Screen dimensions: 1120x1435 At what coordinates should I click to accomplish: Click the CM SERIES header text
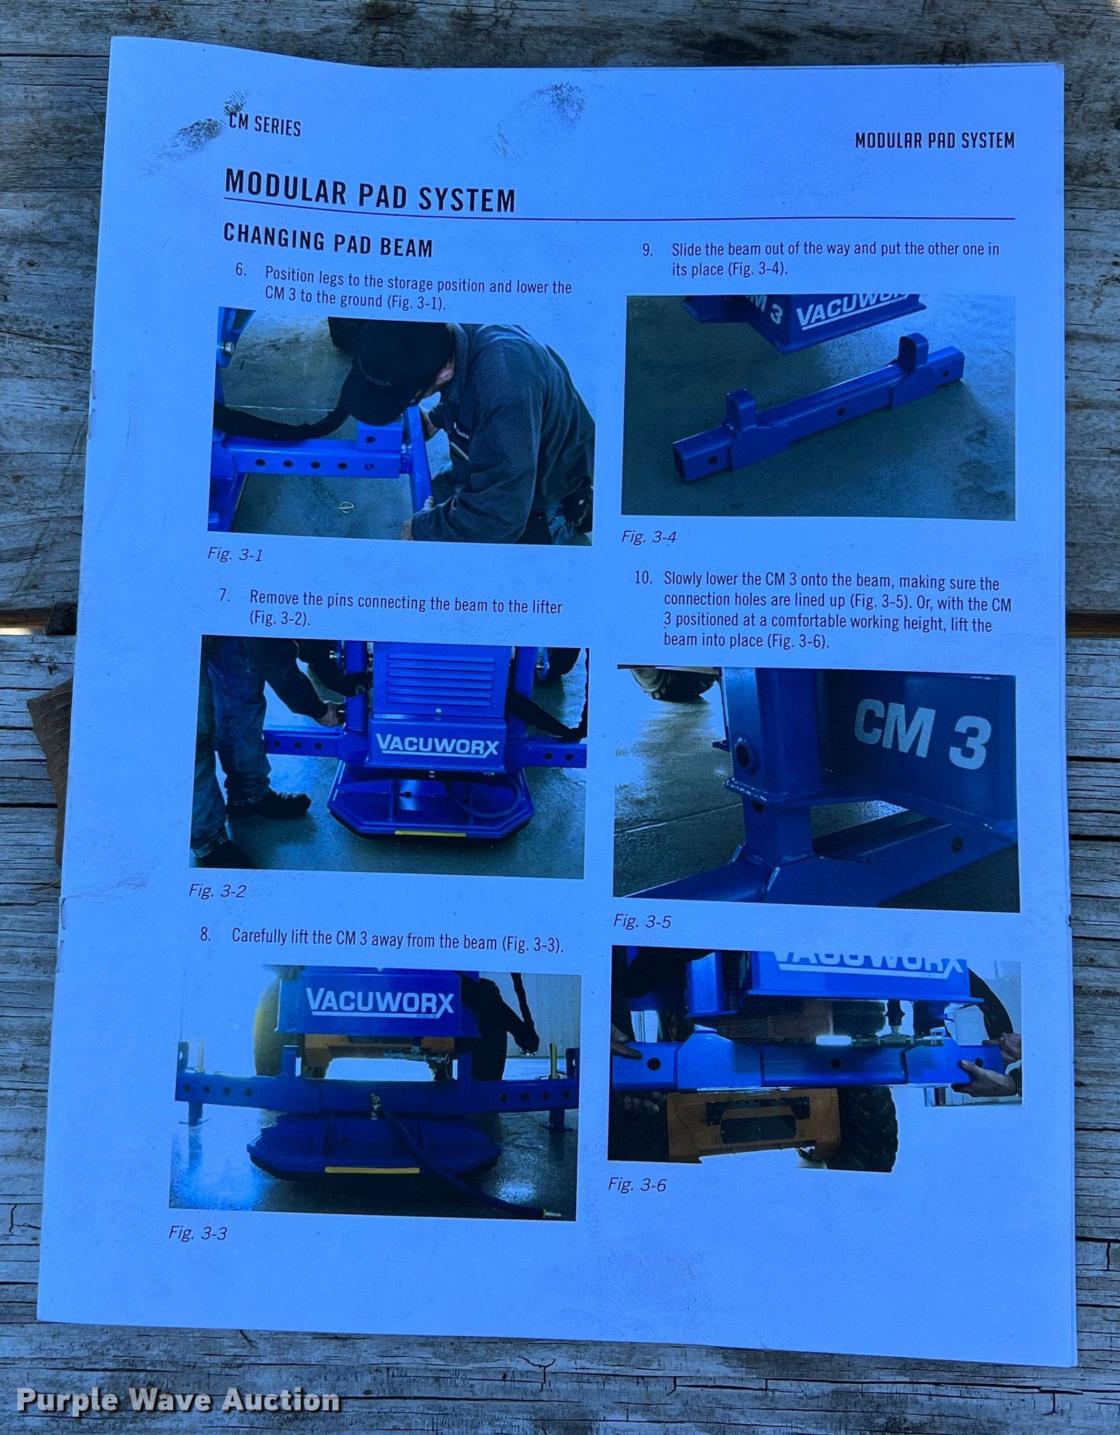tap(265, 125)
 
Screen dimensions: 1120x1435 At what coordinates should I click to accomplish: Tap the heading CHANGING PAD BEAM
tap(328, 240)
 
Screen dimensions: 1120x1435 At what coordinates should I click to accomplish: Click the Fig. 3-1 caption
tap(235, 554)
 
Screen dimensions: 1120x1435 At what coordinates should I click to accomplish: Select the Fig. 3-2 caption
tap(217, 891)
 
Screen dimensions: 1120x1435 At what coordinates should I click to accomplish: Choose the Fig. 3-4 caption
tap(649, 537)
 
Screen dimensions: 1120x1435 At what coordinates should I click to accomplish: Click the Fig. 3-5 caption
tap(642, 921)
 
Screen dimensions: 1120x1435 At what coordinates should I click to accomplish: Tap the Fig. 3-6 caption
tap(637, 1184)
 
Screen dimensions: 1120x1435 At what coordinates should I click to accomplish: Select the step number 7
tap(224, 596)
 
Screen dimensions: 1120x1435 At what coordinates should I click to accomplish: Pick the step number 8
tap(205, 934)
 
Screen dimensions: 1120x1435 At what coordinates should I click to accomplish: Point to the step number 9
tap(648, 249)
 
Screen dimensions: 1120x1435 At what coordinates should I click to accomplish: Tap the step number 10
tap(643, 578)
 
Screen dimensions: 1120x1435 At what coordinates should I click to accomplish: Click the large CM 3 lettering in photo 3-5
tap(922, 734)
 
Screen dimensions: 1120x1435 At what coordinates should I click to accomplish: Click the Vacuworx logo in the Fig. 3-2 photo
tap(437, 744)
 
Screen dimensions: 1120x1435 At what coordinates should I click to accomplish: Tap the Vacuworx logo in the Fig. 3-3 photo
tap(380, 1001)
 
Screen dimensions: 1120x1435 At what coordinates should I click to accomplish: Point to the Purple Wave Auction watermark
tap(179, 1399)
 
